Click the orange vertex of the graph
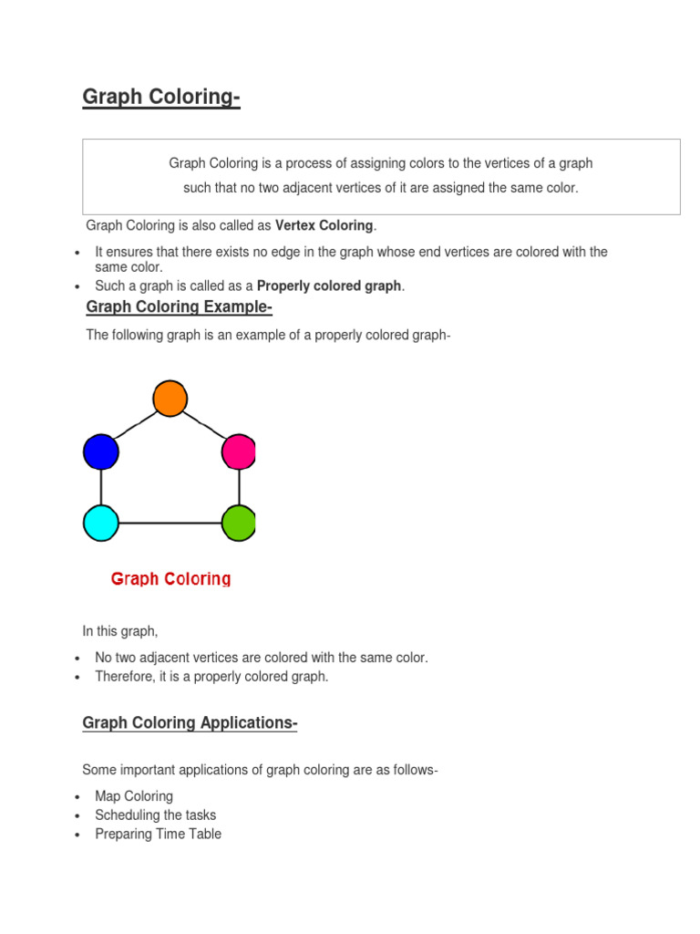pos(170,399)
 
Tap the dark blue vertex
pos(101,451)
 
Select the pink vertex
pos(239,451)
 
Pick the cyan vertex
pos(101,523)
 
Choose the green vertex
pos(239,523)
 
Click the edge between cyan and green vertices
pos(170,523)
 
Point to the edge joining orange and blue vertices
pos(135,425)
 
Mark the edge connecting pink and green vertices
pos(239,487)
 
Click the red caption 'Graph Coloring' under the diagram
pos(170,578)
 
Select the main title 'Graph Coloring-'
pos(161,97)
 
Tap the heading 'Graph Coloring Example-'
pos(179,307)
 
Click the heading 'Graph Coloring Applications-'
pos(190,723)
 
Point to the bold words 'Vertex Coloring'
pos(324,225)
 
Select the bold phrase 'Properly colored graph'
pos(329,285)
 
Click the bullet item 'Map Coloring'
pos(134,796)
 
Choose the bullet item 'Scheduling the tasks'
pos(156,815)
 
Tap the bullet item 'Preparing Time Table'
pos(158,834)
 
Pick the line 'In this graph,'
pos(120,631)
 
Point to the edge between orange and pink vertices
pos(205,425)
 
